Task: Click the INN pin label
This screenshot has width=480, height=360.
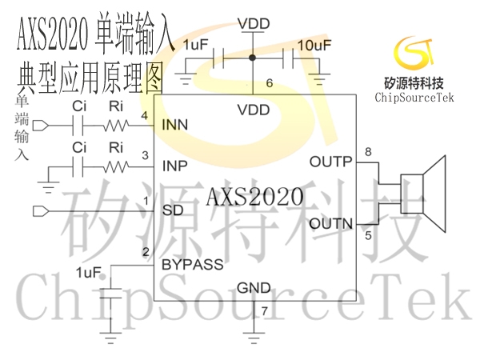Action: [x=174, y=125]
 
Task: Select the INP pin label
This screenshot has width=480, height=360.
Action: [x=174, y=166]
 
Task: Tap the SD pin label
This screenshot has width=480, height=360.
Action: [x=173, y=210]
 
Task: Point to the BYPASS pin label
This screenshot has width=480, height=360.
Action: [x=193, y=265]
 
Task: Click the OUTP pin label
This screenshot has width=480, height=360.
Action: [x=330, y=162]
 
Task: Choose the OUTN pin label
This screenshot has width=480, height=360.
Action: [x=331, y=224]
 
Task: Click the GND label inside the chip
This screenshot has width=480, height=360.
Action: [x=254, y=288]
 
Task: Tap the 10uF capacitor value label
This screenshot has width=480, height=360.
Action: [x=314, y=46]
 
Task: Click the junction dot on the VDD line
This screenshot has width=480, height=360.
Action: [x=252, y=58]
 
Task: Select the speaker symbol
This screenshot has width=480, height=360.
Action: [x=423, y=194]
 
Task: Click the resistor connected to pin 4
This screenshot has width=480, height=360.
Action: [x=115, y=126]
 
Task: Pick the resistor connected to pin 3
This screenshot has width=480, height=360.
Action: [x=115, y=167]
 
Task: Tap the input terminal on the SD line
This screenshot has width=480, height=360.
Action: [x=41, y=211]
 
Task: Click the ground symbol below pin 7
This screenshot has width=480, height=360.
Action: [x=254, y=338]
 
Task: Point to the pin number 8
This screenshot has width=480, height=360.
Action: [x=368, y=151]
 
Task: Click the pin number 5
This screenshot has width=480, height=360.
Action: [x=368, y=236]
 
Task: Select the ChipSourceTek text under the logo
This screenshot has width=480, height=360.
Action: [x=414, y=98]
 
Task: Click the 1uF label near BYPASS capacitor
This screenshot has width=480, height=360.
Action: [x=89, y=273]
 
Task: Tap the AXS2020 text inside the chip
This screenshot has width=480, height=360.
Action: [x=255, y=197]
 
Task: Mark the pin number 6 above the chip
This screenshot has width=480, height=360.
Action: [x=270, y=83]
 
